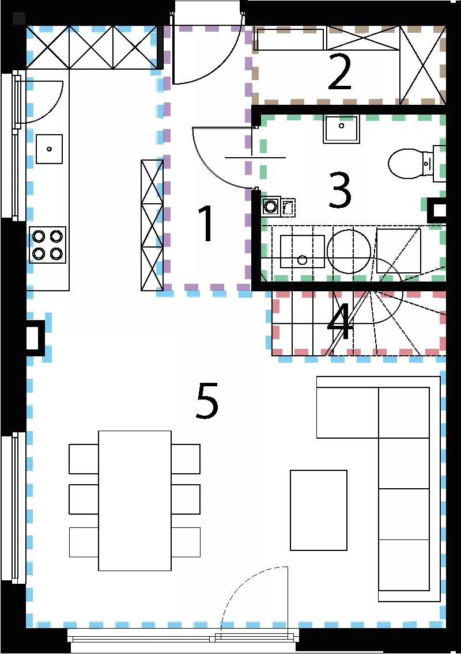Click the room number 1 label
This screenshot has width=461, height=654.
(206, 223)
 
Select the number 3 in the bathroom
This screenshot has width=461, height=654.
(339, 190)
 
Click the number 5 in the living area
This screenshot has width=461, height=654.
(207, 401)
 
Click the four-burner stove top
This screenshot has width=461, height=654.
(48, 245)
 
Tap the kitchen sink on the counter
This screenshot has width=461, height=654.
(50, 149)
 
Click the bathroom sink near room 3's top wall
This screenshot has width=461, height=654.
(341, 130)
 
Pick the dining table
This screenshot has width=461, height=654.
(135, 500)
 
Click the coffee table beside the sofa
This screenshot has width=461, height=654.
(319, 510)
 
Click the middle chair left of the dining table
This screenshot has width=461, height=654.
(84, 499)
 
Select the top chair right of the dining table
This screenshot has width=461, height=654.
(186, 459)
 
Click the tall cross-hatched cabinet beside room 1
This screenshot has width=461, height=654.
(152, 225)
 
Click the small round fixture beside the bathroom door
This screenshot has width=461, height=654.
(271, 206)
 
